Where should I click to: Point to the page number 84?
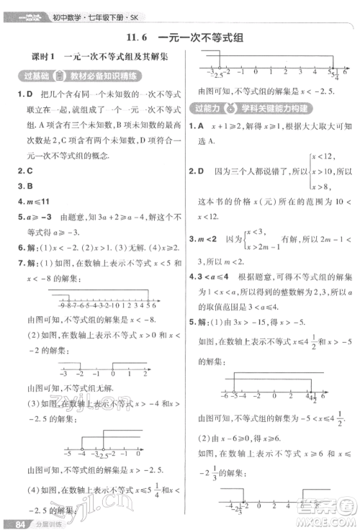point(13,522)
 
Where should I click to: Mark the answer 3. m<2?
point(204,239)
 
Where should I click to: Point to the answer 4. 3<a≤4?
point(210,276)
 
